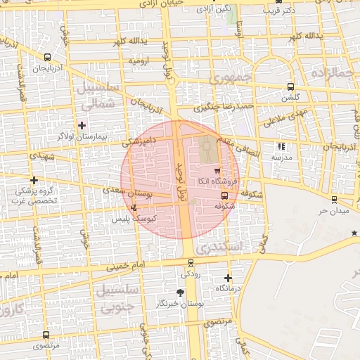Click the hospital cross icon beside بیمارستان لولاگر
[x=82, y=124]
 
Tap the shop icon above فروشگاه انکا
[x=217, y=170]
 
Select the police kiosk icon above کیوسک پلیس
[x=134, y=207]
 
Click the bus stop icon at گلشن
[x=290, y=87]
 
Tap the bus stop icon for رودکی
[x=190, y=262]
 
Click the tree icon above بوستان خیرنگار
[x=181, y=292]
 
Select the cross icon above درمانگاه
[x=228, y=278]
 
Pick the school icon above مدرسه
[x=282, y=147]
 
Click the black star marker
[x=354, y=233]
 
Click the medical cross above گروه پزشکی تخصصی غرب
[x=34, y=180]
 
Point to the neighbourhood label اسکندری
[x=219, y=247]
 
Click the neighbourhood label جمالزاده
[x=333, y=72]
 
